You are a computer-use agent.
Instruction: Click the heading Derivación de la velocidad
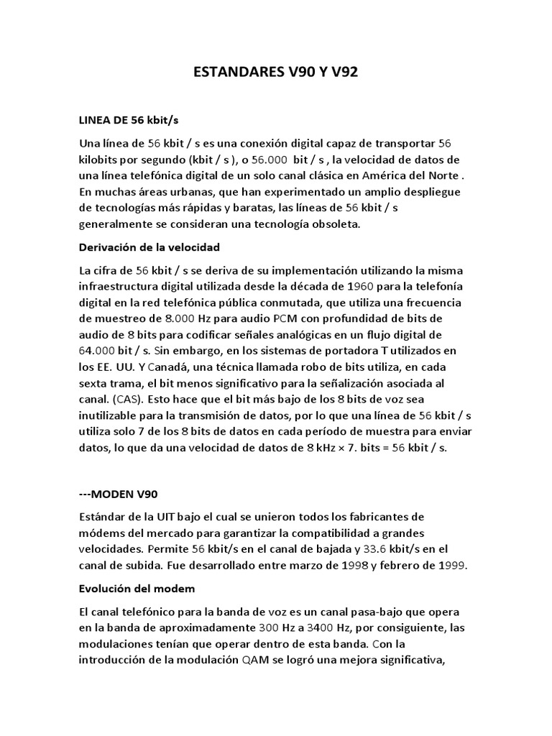149,247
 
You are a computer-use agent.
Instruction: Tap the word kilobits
101,159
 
